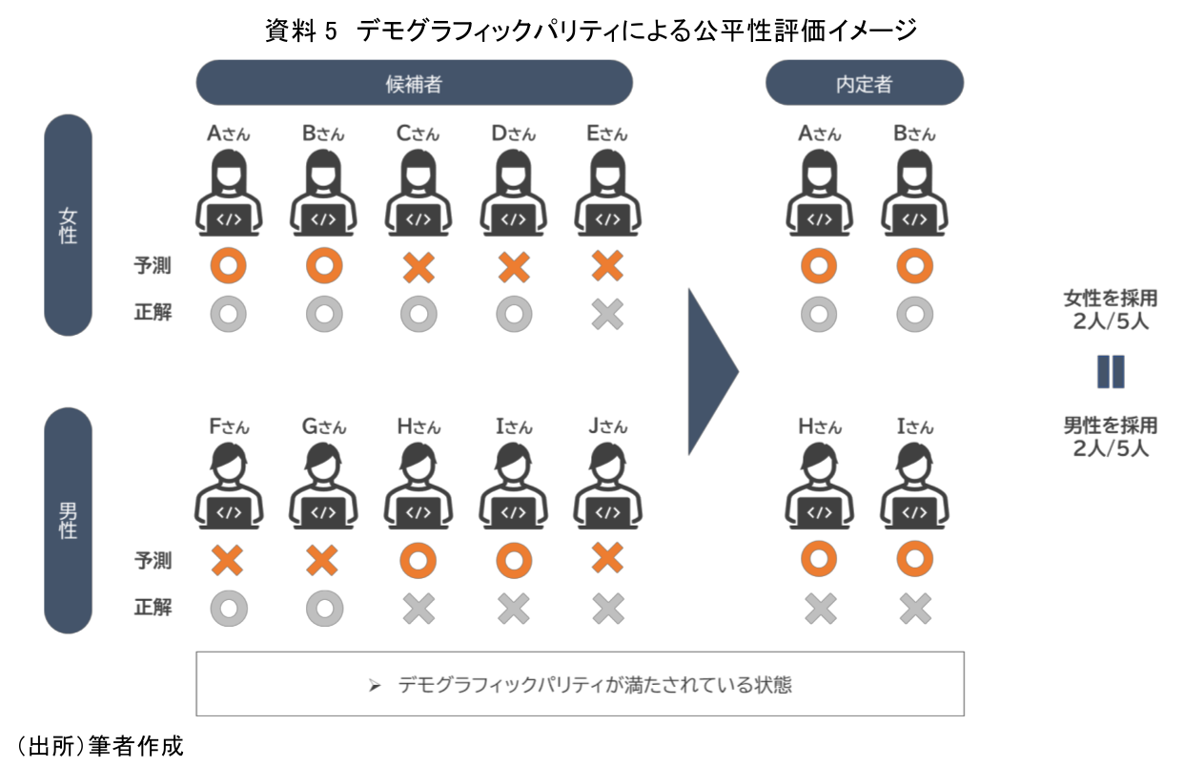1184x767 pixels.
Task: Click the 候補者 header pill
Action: pos(414,83)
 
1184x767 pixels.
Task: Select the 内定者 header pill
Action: pos(864,83)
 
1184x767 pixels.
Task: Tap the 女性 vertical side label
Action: pos(68,225)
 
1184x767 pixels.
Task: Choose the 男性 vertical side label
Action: pos(68,519)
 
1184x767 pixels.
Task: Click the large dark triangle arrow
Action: pos(711,371)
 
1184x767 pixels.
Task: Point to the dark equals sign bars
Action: pos(1111,371)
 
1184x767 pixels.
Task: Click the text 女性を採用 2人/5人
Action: pos(1111,309)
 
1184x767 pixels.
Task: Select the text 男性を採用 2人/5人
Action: pos(1111,436)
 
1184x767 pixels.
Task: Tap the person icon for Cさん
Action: pos(418,195)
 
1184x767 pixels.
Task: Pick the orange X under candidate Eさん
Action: pos(607,267)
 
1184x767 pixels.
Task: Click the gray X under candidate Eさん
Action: pos(607,314)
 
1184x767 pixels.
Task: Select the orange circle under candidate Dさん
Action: pos(513,560)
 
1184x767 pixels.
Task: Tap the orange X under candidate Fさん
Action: pos(228,560)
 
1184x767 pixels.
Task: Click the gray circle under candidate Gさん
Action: pos(323,607)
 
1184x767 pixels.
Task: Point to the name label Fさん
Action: pos(228,426)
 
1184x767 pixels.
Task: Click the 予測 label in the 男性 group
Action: pos(153,560)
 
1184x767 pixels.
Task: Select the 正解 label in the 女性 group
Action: pos(153,312)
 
